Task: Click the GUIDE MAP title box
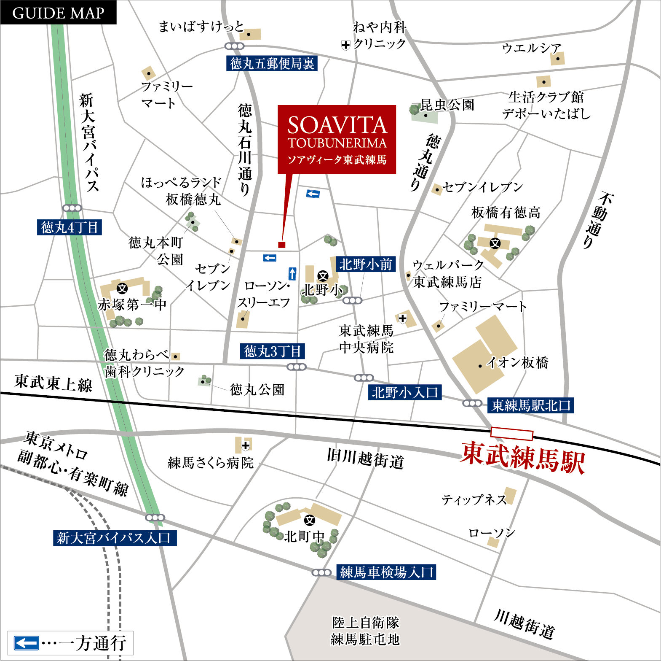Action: pyautogui.click(x=58, y=13)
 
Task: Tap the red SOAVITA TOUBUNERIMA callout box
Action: pyautogui.click(x=337, y=139)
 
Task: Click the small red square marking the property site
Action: pyautogui.click(x=282, y=245)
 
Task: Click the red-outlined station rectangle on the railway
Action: pyautogui.click(x=512, y=433)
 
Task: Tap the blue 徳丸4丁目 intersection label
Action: pyautogui.click(x=70, y=227)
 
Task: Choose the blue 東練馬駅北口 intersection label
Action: pyautogui.click(x=531, y=405)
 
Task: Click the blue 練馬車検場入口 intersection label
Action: pyautogui.click(x=386, y=572)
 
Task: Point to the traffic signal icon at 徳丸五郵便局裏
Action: pyautogui.click(x=234, y=46)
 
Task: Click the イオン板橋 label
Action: pyautogui.click(x=517, y=362)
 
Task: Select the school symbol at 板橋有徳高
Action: pyautogui.click(x=495, y=243)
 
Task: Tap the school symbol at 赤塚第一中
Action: pyautogui.click(x=122, y=289)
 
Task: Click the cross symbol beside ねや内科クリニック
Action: pyautogui.click(x=345, y=45)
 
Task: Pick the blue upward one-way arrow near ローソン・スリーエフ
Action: pyautogui.click(x=292, y=274)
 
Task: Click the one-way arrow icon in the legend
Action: pyautogui.click(x=26, y=643)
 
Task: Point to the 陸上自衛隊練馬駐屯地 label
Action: pyautogui.click(x=365, y=631)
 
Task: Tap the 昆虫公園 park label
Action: pyautogui.click(x=447, y=105)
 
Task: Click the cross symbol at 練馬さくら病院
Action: pyautogui.click(x=246, y=445)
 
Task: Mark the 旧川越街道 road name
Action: pyautogui.click(x=365, y=459)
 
